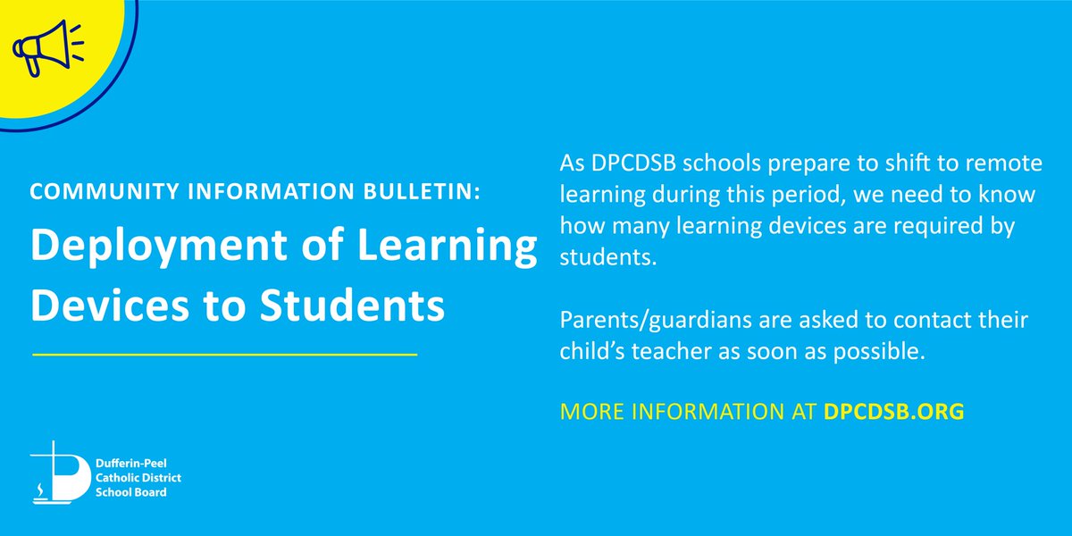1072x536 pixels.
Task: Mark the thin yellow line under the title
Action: tap(224, 356)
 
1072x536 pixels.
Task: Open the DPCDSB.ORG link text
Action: tap(893, 414)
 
